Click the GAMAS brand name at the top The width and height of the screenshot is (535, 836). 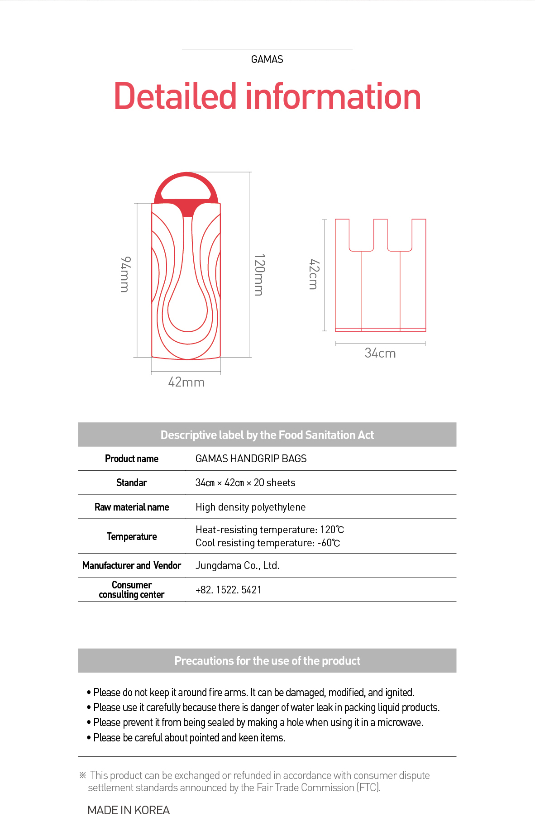click(267, 59)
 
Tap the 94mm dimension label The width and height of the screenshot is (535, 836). click(125, 274)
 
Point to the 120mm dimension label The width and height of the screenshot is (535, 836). click(259, 274)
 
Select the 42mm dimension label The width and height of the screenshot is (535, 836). click(186, 382)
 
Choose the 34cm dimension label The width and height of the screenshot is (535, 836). click(380, 353)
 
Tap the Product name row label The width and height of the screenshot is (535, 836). click(132, 459)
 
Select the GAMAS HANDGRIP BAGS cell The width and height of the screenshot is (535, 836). click(251, 459)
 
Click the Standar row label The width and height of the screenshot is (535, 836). click(132, 482)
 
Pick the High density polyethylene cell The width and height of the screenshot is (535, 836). click(250, 507)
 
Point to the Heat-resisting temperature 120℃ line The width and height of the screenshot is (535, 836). click(270, 530)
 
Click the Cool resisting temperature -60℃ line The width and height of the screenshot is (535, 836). click(267, 543)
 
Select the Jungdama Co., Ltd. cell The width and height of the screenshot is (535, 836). click(237, 565)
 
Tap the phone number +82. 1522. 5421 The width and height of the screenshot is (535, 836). click(229, 590)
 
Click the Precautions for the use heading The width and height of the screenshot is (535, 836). click(267, 661)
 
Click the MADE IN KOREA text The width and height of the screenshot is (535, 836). click(129, 810)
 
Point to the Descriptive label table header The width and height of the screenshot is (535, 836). click(267, 435)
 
